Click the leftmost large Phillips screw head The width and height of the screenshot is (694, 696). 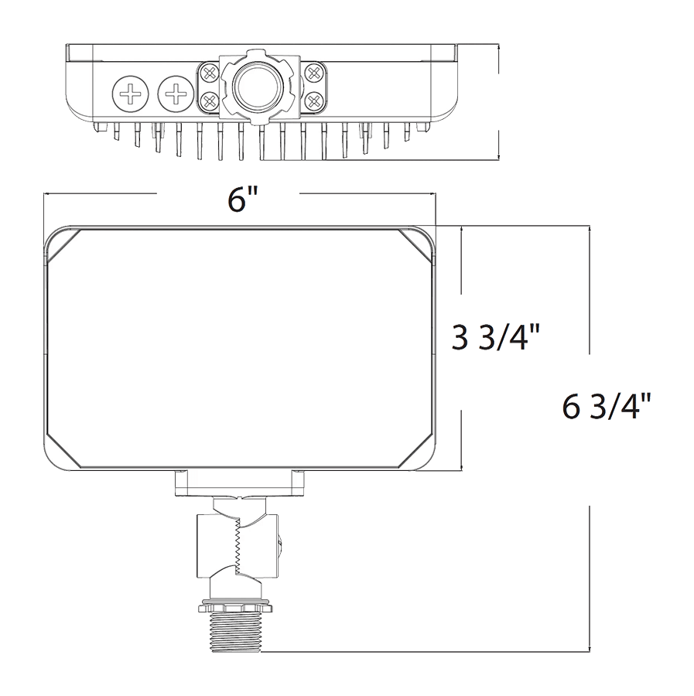130,94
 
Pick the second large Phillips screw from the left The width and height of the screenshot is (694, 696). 176,94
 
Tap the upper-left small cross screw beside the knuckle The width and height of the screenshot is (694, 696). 209,73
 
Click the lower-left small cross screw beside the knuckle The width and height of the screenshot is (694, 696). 209,101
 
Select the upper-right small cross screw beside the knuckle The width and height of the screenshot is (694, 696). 314,73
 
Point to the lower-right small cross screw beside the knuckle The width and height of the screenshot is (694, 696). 314,101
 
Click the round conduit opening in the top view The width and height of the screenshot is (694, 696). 256,87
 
